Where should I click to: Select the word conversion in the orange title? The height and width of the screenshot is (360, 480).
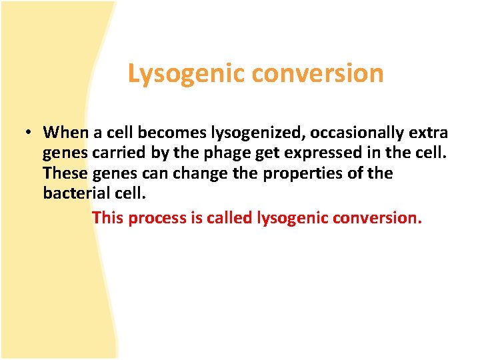(319, 73)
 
